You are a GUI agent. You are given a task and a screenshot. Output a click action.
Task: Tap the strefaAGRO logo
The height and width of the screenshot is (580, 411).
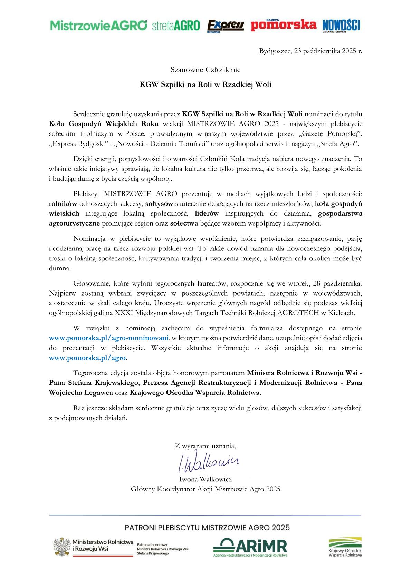tap(176, 26)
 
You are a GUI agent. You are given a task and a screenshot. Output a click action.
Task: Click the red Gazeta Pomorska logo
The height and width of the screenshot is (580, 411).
tap(283, 25)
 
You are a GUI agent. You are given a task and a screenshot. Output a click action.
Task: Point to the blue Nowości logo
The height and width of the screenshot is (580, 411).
tap(341, 25)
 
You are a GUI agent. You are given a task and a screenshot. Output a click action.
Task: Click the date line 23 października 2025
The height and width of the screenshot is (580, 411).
tap(310, 51)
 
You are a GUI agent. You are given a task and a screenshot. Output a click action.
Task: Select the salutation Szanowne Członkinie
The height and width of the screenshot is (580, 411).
tap(205, 70)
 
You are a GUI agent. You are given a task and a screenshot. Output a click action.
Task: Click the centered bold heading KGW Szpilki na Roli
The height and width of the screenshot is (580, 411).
tap(205, 84)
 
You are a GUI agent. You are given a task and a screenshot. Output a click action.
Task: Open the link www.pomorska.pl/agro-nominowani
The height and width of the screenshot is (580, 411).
tap(109, 338)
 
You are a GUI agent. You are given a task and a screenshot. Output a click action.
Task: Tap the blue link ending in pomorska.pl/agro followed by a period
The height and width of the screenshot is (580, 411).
tap(87, 358)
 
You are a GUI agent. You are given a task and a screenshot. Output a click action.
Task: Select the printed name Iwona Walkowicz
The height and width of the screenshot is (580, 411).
tap(205, 479)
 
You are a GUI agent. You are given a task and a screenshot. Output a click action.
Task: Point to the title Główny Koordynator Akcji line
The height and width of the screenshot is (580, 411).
tap(205, 489)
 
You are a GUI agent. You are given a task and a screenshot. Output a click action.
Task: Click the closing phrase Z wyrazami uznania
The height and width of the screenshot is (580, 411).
tap(205, 446)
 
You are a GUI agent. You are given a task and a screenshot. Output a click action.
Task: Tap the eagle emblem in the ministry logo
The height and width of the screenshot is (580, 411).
tap(62, 547)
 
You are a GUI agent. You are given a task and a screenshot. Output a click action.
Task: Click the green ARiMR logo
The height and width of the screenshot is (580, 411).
tap(250, 547)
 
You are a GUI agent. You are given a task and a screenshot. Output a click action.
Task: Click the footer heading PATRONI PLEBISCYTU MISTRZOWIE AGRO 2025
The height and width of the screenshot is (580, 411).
tap(207, 528)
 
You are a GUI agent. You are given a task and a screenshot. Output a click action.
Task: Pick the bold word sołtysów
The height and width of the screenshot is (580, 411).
tap(159, 203)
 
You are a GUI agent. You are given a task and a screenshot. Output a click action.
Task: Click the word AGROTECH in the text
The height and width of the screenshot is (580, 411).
tap(299, 313)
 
